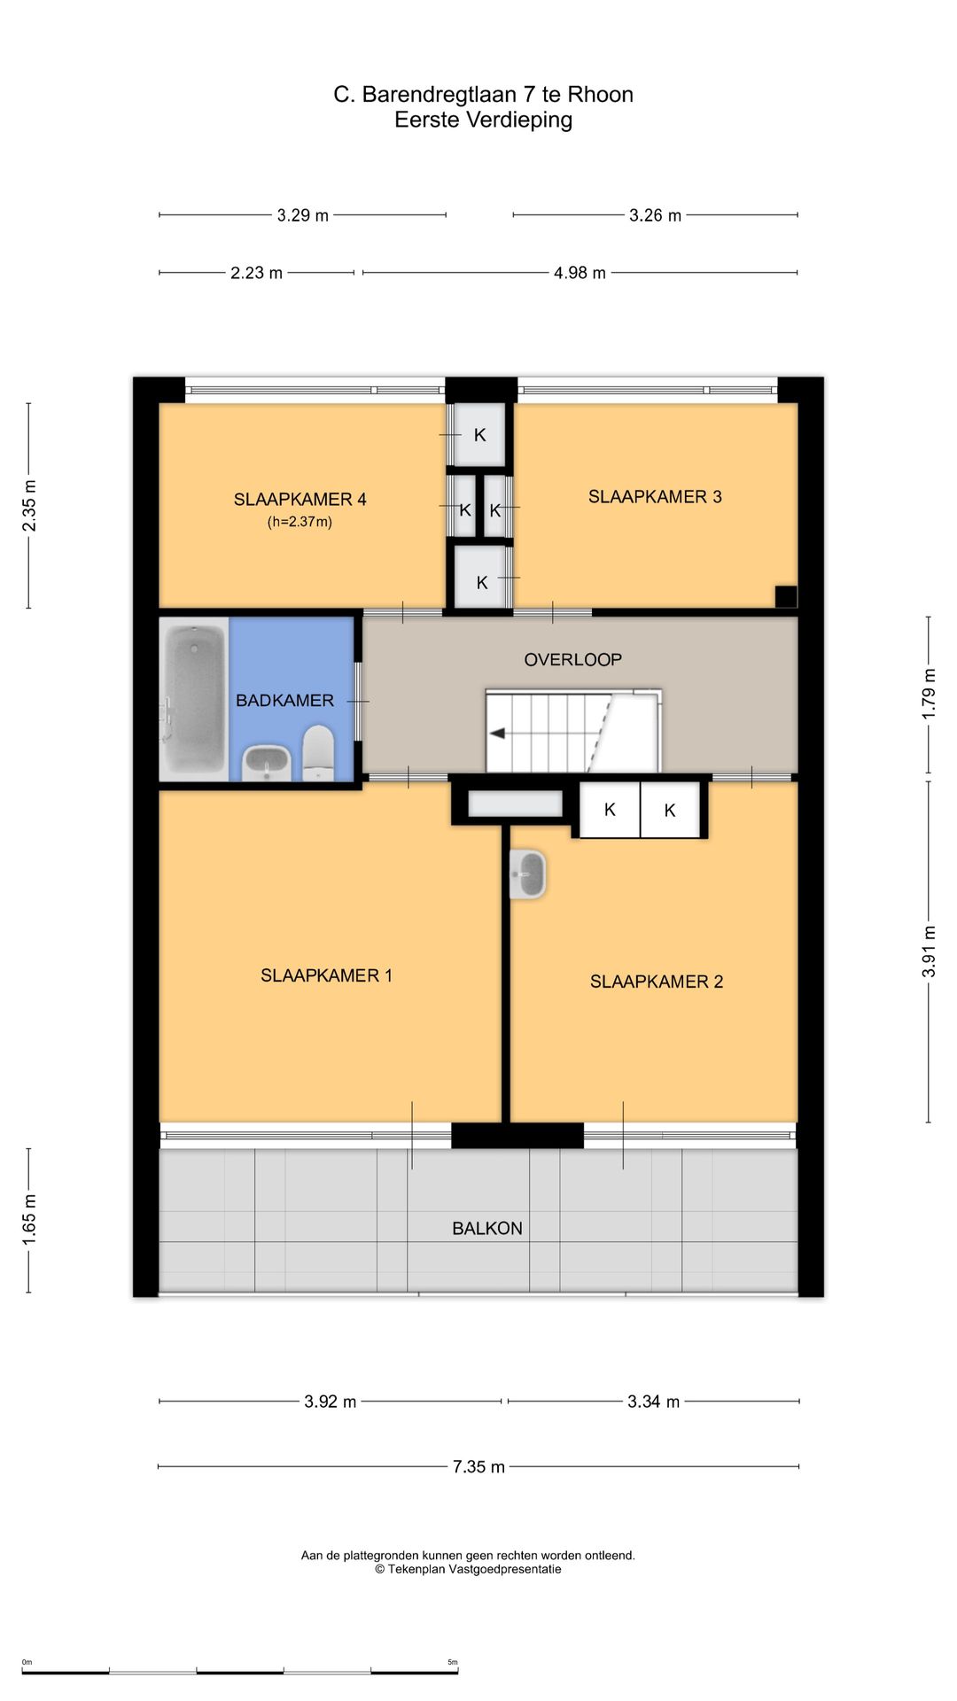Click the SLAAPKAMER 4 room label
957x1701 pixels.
pos(300,500)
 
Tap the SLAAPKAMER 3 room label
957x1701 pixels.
pos(655,497)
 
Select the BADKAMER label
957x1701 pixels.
pos(284,701)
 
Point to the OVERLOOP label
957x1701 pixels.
pos(572,660)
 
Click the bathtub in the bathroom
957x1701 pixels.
pos(193,700)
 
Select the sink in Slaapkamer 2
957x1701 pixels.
pos(527,874)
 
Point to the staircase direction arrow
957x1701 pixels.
pos(498,734)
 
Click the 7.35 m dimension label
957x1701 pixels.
pos(478,1467)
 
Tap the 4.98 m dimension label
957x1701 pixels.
pos(580,273)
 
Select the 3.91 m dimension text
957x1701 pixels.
pos(929,951)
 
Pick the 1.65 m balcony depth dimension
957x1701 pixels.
pos(29,1220)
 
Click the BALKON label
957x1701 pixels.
pos(486,1229)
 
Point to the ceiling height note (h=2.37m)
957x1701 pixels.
pos(300,522)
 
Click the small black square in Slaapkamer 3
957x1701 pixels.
pos(786,596)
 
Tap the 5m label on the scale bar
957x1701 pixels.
pos(453,1662)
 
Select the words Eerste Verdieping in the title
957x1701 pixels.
pos(483,120)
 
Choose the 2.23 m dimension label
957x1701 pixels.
pos(256,273)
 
